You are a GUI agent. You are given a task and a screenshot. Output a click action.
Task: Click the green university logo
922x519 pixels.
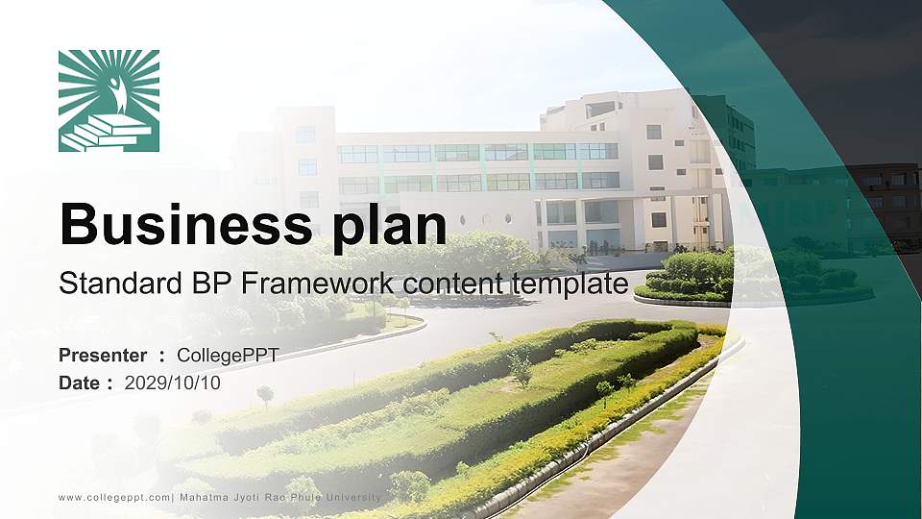click(x=109, y=101)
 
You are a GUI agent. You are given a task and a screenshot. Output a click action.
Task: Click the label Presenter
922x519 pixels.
click(x=103, y=356)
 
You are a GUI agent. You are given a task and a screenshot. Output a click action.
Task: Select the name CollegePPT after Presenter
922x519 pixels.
click(x=228, y=356)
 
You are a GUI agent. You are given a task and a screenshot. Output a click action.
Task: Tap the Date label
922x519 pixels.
click(x=79, y=383)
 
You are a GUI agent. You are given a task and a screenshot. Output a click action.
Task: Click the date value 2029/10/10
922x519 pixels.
click(x=172, y=383)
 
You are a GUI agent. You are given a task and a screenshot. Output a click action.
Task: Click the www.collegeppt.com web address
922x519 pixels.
click(x=114, y=497)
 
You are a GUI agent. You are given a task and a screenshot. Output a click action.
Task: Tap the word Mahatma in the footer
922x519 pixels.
click(x=207, y=497)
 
